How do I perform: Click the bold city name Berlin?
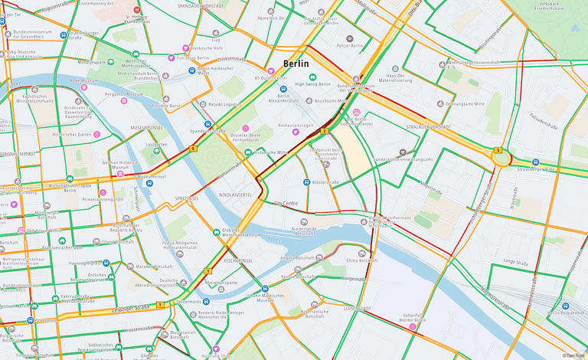297,64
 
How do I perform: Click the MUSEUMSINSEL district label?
145,127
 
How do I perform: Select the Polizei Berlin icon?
350,38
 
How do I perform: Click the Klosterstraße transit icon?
306,182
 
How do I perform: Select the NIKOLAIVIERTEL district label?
234,195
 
